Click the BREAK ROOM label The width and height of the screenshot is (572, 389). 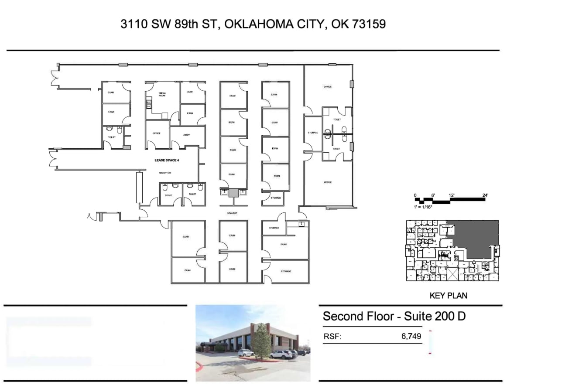(162, 94)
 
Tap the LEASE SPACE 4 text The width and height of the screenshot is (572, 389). (167, 160)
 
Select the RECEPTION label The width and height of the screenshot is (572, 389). (165, 173)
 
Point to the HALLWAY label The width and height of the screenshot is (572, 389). (232, 213)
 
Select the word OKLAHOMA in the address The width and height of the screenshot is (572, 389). (257, 24)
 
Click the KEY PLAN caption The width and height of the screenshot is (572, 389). (448, 296)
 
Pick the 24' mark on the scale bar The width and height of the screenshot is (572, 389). (485, 195)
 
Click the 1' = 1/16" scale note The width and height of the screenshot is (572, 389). (423, 207)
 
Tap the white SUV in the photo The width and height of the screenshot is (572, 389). (281, 354)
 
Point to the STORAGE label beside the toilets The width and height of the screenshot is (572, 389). (313, 133)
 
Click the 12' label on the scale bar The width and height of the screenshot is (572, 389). (451, 195)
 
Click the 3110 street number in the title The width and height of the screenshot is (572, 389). (134, 24)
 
